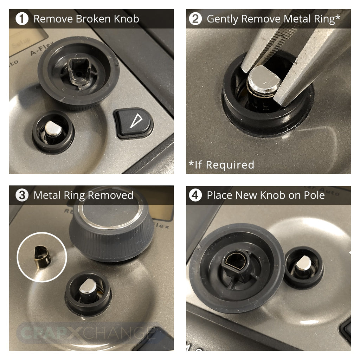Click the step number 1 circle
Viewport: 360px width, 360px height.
pyautogui.click(x=22, y=19)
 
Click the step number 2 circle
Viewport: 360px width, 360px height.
pyautogui.click(x=195, y=19)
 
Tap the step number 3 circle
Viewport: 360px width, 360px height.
pyautogui.click(x=22, y=195)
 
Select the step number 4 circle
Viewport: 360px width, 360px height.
pyautogui.click(x=195, y=195)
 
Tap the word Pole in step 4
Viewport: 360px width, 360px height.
pyautogui.click(x=313, y=195)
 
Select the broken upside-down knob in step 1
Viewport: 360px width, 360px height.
pyautogui.click(x=78, y=72)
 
